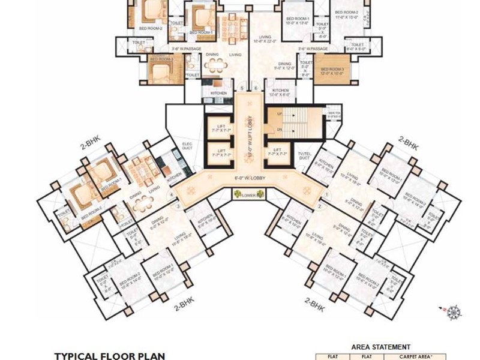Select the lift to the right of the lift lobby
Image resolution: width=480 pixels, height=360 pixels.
[x=277, y=152]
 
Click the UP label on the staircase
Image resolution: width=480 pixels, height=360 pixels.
[x=279, y=113]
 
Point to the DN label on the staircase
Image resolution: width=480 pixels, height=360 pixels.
[x=279, y=129]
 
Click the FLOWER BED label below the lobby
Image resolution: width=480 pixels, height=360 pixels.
[x=247, y=195]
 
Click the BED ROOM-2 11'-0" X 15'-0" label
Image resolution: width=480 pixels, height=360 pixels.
[x=346, y=14]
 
